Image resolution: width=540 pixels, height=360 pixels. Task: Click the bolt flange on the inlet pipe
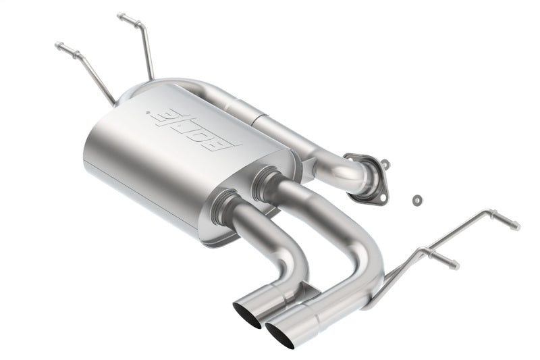(371, 177)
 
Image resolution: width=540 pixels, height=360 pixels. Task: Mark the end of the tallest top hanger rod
(120, 15)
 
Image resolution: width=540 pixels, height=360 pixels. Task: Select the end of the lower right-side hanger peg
(457, 266)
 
